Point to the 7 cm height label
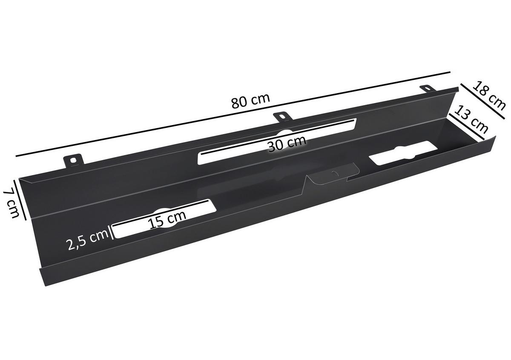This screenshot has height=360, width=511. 11,203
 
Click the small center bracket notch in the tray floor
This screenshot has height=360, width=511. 332,174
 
